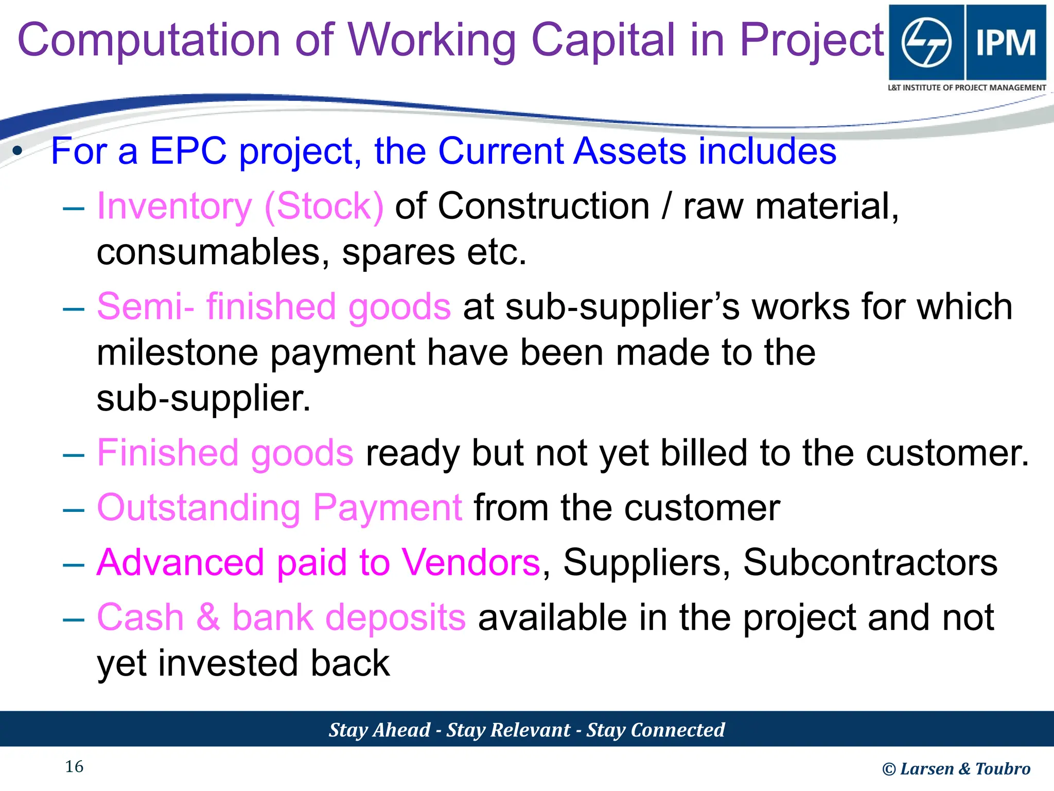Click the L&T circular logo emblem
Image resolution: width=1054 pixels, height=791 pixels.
(x=926, y=42)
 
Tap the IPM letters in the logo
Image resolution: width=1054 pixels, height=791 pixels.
(x=1006, y=42)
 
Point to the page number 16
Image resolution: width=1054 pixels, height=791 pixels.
(x=74, y=767)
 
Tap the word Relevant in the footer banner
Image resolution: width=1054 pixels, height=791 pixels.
(x=530, y=730)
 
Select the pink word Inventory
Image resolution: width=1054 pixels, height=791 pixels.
(x=174, y=207)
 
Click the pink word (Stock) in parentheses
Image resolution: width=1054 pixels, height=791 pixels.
(x=324, y=207)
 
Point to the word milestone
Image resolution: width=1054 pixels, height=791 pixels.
(x=178, y=353)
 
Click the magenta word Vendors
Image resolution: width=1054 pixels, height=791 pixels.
(x=470, y=562)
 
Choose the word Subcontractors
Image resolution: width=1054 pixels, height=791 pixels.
(x=870, y=562)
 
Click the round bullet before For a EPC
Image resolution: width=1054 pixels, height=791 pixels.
(x=18, y=151)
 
